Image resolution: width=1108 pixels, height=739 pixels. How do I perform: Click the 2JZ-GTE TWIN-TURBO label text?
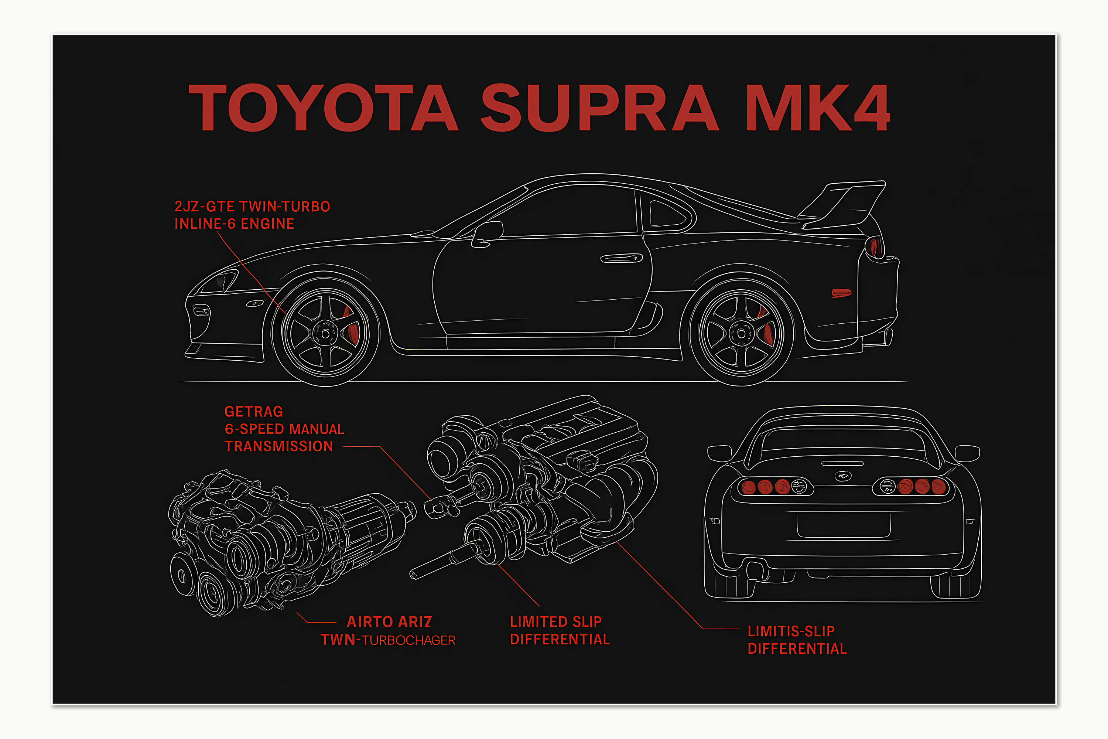(252, 207)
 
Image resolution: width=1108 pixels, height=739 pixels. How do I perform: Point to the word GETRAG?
(253, 412)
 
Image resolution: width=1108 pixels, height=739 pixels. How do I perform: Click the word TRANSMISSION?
(278, 446)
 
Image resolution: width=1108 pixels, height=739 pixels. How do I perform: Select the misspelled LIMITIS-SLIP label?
(791, 631)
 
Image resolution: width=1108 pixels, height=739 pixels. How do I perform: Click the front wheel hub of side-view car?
(325, 334)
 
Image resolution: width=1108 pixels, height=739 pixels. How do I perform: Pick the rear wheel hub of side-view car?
(741, 334)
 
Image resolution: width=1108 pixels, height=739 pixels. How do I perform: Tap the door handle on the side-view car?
(621, 258)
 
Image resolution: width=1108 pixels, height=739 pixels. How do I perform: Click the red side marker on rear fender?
(841, 293)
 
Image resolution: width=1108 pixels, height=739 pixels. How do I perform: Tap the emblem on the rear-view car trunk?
(843, 476)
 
